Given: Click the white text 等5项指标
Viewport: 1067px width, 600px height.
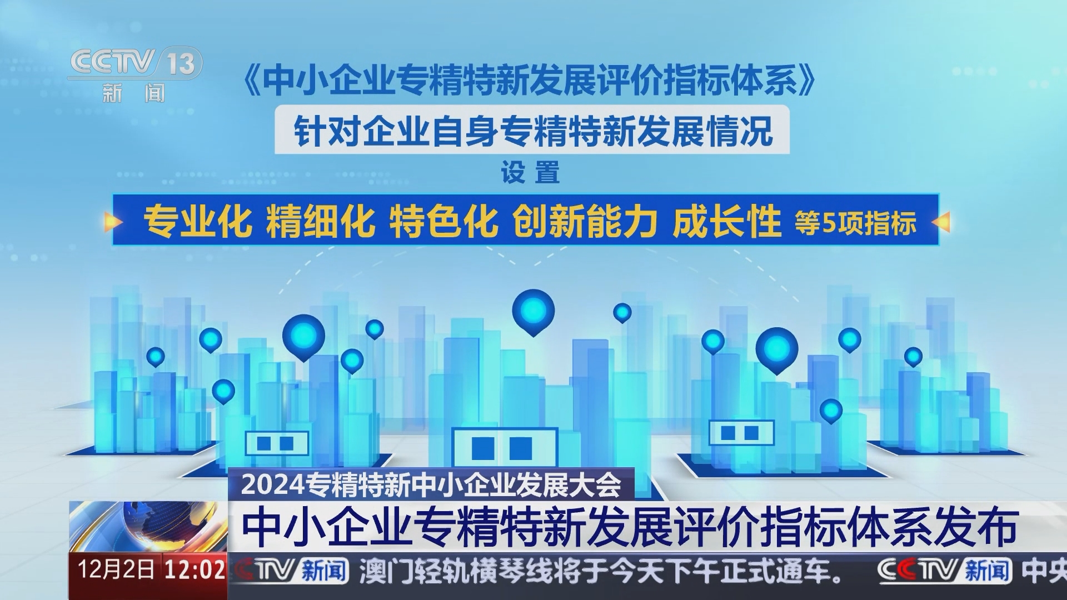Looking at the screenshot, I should click(x=855, y=223).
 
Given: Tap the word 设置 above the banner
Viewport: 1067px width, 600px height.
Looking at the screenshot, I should click(x=530, y=173).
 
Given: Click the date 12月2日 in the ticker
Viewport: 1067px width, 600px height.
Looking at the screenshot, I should click(x=116, y=570).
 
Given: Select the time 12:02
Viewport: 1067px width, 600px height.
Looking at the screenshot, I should click(x=195, y=570).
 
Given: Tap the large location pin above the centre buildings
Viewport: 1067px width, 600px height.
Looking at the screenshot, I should click(x=533, y=310).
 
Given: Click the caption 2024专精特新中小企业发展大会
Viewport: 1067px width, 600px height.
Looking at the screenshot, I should click(x=431, y=484).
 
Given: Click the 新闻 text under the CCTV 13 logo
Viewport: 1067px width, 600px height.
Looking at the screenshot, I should click(x=134, y=93).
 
